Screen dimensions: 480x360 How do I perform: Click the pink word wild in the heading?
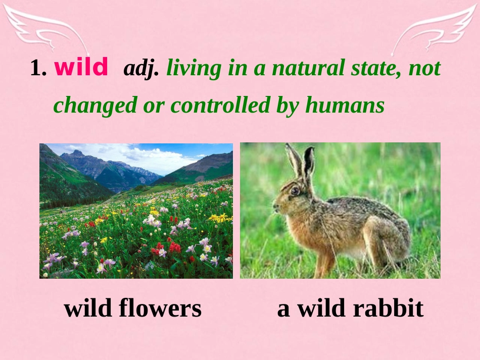tap(81, 67)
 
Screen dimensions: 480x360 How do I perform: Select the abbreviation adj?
tap(141, 68)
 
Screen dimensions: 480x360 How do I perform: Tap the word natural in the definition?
tap(308, 68)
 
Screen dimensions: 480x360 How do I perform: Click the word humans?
tap(345, 105)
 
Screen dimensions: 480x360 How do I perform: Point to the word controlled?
tap(220, 105)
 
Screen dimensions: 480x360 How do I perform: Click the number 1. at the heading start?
tap(38, 68)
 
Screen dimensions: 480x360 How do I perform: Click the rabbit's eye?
tap(295, 191)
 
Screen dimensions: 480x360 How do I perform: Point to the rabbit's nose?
tap(275, 207)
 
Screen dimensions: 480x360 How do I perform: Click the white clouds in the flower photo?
tap(150, 156)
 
